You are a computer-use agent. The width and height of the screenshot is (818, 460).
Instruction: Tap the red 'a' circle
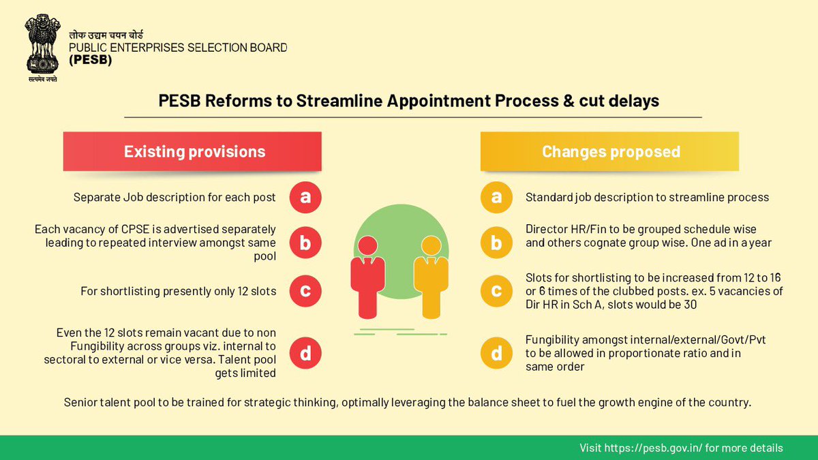305,198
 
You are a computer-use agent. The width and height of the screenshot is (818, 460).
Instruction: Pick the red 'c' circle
305,291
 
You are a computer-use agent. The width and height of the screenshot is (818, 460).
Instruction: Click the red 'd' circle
305,353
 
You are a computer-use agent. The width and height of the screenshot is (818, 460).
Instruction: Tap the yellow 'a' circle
497,198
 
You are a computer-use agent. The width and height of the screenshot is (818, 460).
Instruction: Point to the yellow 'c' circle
497,291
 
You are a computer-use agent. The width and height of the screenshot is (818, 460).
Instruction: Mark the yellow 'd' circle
497,353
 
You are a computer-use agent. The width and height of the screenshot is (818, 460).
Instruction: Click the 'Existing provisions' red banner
194,151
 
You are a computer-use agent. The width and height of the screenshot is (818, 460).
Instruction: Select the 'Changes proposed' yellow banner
610,151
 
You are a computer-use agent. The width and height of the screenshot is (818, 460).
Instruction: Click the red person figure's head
367,246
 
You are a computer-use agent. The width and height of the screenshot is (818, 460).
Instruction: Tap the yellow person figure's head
431,246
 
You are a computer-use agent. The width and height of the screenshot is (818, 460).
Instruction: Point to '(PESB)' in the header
90,60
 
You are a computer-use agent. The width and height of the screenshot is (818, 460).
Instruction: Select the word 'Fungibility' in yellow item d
555,339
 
